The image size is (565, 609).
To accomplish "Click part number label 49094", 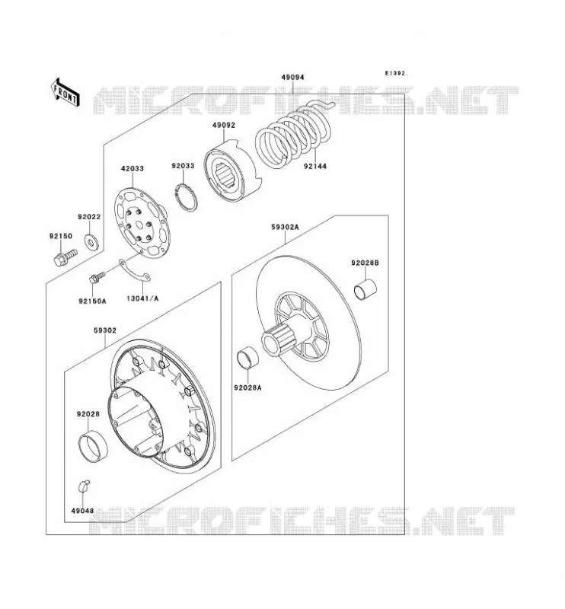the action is [x=292, y=78].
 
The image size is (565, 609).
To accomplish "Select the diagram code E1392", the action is [x=394, y=73].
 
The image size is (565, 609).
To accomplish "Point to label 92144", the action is [x=315, y=166].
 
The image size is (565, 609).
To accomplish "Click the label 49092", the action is [x=223, y=126].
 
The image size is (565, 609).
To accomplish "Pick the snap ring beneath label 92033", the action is [x=185, y=197].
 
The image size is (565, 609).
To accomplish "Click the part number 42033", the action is [x=132, y=168].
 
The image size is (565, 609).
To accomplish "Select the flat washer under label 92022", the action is [x=92, y=243].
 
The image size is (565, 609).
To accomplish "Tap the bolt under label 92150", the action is [x=65, y=257].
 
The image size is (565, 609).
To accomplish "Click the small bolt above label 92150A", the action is [x=97, y=277].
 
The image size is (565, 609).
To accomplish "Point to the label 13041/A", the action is [x=142, y=298].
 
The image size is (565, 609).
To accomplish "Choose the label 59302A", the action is [x=285, y=227].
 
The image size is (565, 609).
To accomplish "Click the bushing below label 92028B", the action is [x=365, y=290].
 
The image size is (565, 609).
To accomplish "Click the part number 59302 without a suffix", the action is [x=105, y=330].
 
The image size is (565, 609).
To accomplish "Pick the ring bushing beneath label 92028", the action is [x=93, y=446].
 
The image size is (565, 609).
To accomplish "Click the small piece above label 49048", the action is [x=84, y=486].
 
